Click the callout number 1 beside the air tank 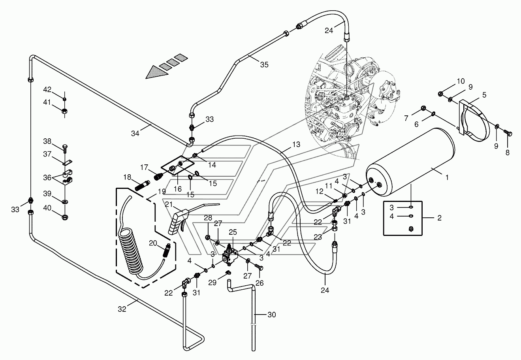click(447, 177)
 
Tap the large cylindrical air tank click(410, 162)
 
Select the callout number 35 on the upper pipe click(264, 64)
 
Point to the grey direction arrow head click(156, 72)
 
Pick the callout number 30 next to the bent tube click(272, 315)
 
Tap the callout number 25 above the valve click(233, 232)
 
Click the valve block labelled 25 click(230, 256)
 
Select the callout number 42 click(47, 90)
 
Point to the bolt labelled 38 click(65, 148)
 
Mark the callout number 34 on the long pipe click(135, 133)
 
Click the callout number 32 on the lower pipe click(122, 309)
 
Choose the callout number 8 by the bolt click(507, 153)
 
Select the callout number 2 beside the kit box click(439, 218)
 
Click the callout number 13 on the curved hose click(296, 144)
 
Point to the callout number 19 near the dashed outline click(162, 192)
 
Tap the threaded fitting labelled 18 click(142, 185)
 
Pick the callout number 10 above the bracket click(461, 81)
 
